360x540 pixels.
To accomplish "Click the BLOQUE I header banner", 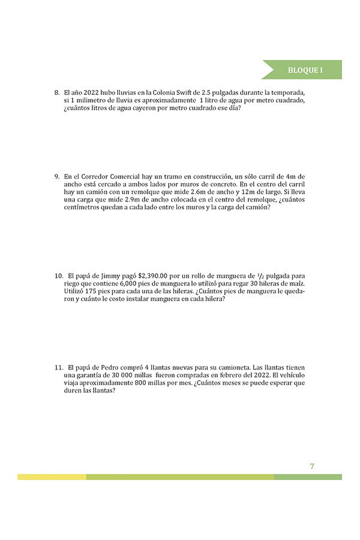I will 302,70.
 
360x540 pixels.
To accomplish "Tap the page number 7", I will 312,466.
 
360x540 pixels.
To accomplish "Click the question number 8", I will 56,93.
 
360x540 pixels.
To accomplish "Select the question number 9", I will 56,176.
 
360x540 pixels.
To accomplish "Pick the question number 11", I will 59,367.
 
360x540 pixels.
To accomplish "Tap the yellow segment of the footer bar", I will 52,477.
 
